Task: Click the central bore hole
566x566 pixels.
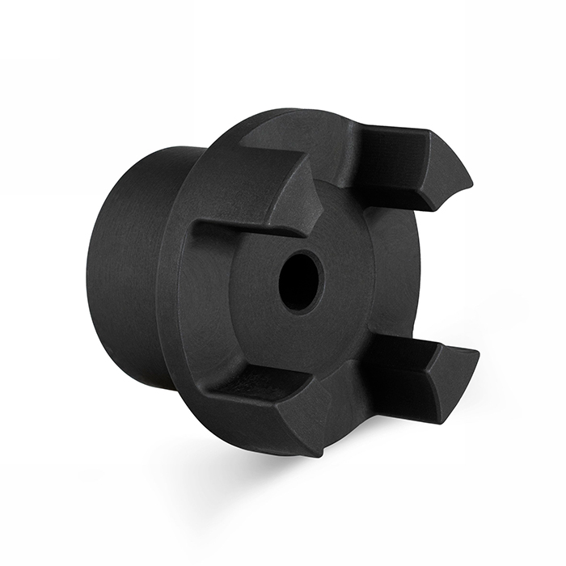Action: pyautogui.click(x=300, y=281)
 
